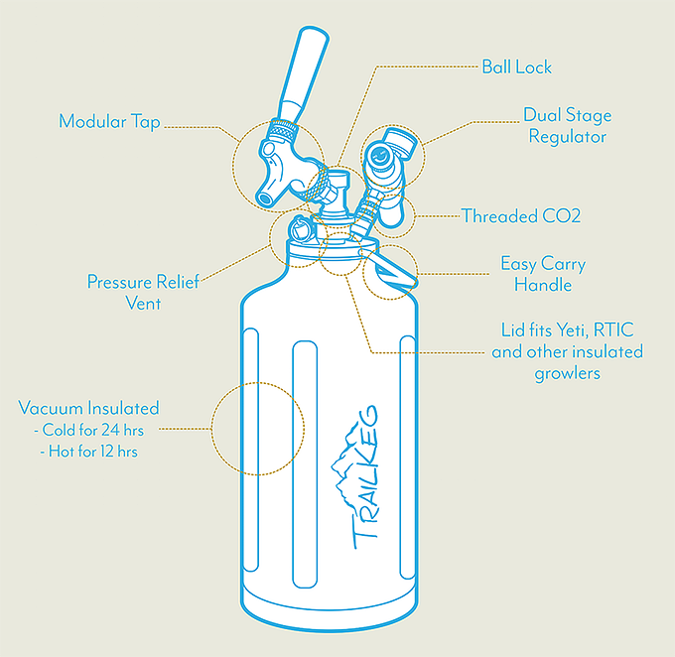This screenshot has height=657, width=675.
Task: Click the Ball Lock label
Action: [x=516, y=66]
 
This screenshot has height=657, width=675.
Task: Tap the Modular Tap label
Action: [x=109, y=121]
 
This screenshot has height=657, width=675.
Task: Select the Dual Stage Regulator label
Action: [x=568, y=126]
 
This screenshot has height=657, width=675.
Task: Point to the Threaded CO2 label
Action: [x=521, y=215]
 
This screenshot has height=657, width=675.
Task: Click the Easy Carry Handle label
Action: [x=543, y=274]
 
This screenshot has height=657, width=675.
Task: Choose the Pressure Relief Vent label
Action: [x=143, y=293]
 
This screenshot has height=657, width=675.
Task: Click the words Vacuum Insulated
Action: [x=88, y=408]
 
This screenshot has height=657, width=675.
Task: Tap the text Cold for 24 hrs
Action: [x=93, y=430]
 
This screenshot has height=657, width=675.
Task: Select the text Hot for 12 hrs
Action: [x=93, y=452]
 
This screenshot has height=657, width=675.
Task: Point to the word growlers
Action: [x=568, y=373]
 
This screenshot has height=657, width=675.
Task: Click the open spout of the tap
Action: [x=263, y=198]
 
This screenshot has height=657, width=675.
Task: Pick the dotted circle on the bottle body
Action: [x=212, y=429]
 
